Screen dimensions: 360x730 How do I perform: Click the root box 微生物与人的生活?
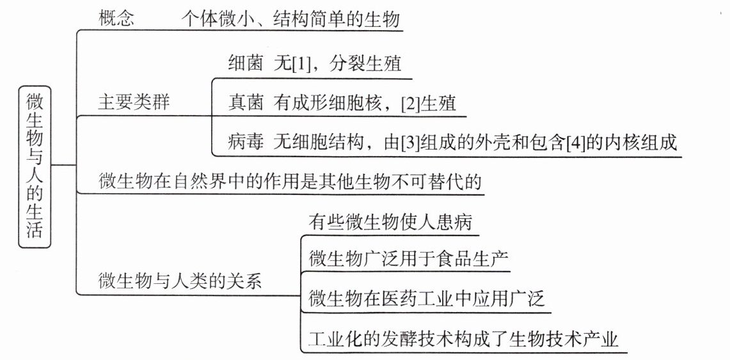pos(36,165)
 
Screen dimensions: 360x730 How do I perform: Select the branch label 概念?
pos(116,19)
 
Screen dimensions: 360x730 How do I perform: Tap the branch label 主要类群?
pos(134,102)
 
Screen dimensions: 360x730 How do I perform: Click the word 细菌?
pos(246,64)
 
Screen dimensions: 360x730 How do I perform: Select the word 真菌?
pos(246,103)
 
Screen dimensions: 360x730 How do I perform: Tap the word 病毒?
pos(246,143)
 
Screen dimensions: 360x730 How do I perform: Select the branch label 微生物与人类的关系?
pos(180,281)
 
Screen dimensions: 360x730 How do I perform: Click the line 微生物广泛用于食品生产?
pos(409,259)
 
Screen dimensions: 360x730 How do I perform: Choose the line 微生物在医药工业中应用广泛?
pos(427,299)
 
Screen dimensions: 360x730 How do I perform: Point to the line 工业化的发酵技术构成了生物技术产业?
pos(463,338)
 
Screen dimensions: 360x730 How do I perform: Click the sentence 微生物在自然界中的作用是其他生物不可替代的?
pos(290,182)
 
